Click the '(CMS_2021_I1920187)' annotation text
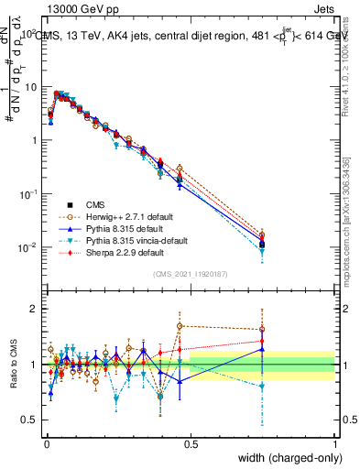pyautogui.click(x=190, y=274)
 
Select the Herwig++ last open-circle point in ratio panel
pyautogui.click(x=262, y=330)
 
